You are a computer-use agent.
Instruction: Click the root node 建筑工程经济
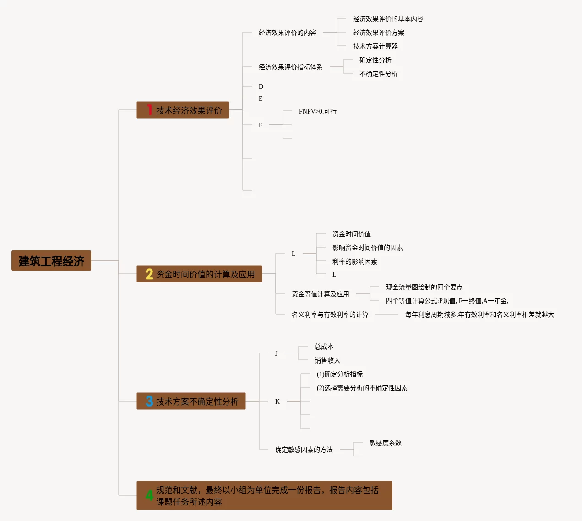(x=51, y=261)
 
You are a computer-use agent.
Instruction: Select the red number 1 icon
(x=149, y=110)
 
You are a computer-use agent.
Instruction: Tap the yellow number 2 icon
(x=149, y=274)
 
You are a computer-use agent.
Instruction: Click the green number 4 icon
(x=149, y=495)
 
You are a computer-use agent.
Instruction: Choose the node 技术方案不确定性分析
(x=197, y=402)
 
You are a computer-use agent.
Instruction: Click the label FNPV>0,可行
(x=317, y=111)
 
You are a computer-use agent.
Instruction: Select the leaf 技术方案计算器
(x=375, y=46)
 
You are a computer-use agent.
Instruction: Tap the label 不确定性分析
(x=378, y=74)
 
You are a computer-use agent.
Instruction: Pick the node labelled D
(x=261, y=87)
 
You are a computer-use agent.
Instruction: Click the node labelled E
(x=261, y=98)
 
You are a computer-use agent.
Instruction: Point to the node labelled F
(x=261, y=125)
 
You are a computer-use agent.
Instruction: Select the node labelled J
(x=277, y=353)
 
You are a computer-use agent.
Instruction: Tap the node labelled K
(x=277, y=402)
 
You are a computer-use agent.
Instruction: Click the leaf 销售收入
(x=327, y=360)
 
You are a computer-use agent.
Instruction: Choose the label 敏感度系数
(x=385, y=443)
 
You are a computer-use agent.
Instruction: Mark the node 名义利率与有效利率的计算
(x=330, y=315)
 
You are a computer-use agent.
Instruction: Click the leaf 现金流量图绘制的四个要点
(x=424, y=287)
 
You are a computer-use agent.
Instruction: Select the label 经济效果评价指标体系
(x=290, y=67)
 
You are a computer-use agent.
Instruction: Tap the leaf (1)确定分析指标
(x=339, y=374)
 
